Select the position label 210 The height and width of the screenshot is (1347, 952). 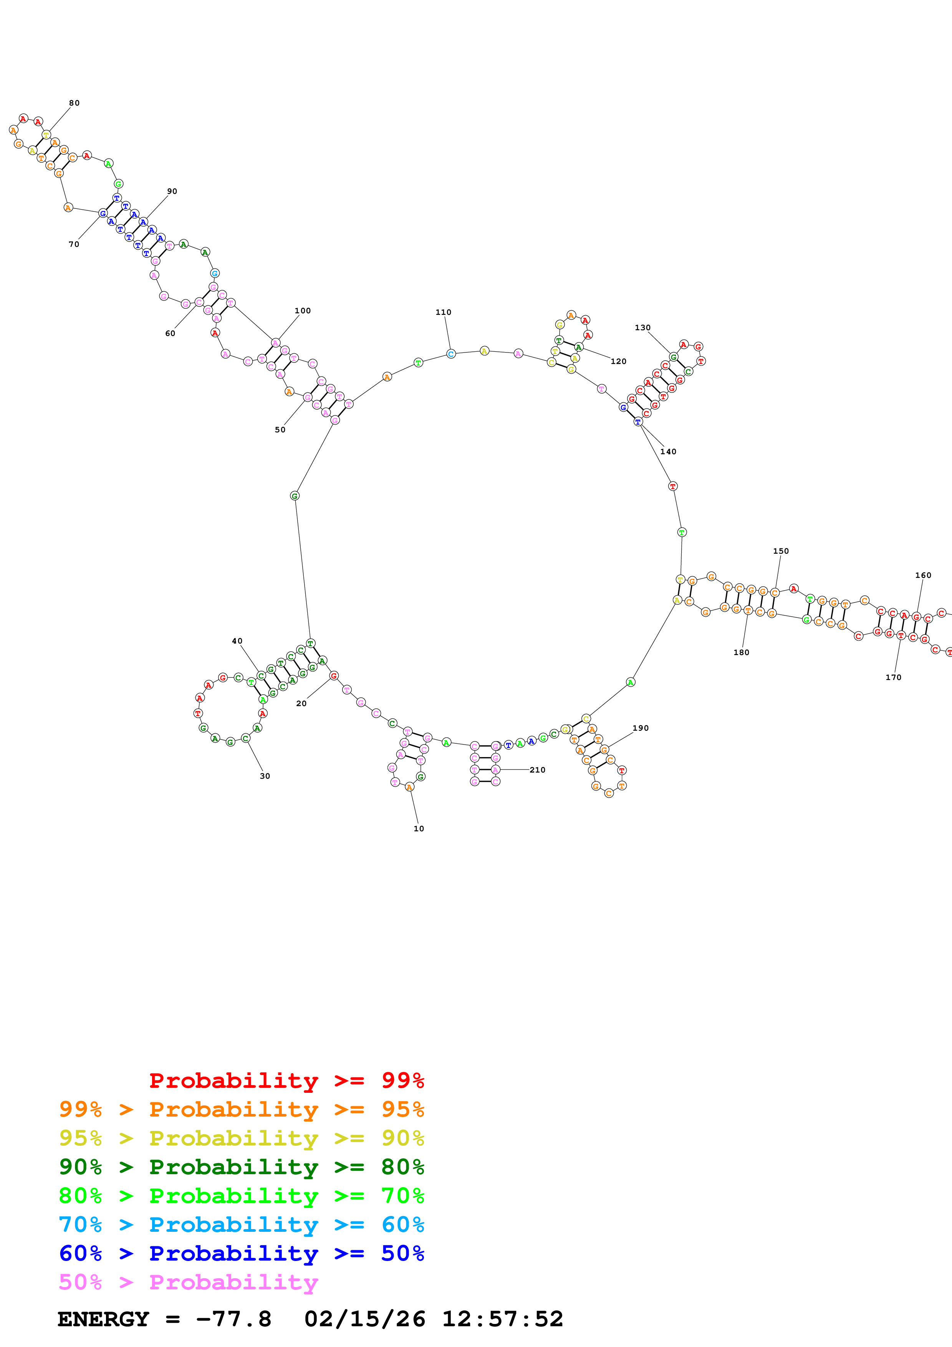(x=537, y=770)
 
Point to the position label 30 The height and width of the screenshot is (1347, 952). (x=265, y=776)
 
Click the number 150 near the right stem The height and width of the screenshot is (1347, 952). (x=781, y=551)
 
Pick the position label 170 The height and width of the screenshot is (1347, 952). (x=893, y=677)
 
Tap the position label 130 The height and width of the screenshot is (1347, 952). (x=642, y=328)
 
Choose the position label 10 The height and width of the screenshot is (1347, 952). (x=419, y=828)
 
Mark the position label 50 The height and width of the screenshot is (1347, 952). (x=280, y=429)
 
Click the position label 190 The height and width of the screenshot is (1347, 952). (x=641, y=728)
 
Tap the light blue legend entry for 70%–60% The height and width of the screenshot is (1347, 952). (x=241, y=1225)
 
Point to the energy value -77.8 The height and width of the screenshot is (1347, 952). (x=233, y=1319)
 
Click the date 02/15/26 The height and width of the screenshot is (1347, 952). (x=364, y=1319)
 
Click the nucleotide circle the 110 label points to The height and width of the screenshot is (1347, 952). (x=450, y=354)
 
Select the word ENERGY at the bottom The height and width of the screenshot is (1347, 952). (x=103, y=1319)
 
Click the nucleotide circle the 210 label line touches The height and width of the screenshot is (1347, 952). (x=496, y=770)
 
